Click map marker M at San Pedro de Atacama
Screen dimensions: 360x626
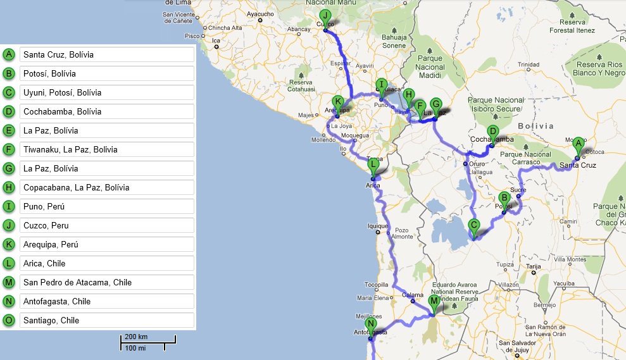tap(434, 302)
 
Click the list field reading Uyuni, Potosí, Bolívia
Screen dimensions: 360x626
tap(106, 93)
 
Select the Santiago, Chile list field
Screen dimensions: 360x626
tap(106, 321)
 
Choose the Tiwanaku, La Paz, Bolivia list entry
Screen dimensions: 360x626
tap(106, 150)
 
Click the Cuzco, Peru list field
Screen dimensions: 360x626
tap(106, 226)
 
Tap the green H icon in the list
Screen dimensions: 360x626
tap(9, 188)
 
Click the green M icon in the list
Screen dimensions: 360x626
tap(9, 283)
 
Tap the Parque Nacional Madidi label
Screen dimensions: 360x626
tap(430, 66)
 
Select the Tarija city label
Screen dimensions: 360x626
tap(535, 266)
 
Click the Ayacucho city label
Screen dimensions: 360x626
tap(260, 13)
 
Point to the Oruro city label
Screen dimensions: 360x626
tap(477, 164)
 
